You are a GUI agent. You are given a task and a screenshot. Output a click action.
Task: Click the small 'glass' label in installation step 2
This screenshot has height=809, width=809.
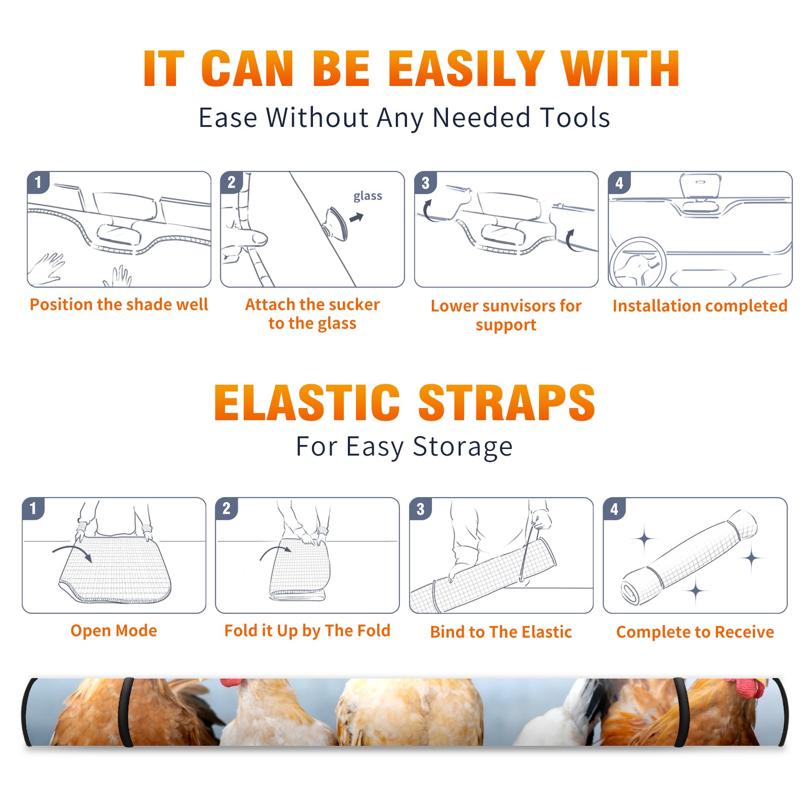[x=368, y=196]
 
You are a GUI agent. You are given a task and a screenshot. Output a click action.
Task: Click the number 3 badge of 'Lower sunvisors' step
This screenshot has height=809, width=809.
[x=425, y=183]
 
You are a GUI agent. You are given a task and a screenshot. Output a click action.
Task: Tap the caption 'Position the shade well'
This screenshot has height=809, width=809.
[x=119, y=304]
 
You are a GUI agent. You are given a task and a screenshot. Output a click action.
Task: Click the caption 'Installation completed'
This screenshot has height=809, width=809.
[x=700, y=305]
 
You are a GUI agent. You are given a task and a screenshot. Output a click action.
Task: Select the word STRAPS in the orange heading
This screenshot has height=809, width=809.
[x=507, y=402]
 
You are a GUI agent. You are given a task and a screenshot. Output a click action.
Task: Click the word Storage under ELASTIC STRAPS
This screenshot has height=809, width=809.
[x=463, y=447]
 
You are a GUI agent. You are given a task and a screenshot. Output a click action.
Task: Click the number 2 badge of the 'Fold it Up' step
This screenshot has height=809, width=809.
[x=227, y=508]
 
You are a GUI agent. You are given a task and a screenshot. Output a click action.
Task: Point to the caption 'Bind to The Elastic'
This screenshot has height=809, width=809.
[x=501, y=632]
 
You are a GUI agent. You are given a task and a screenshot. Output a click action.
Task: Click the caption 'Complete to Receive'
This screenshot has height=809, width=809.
[x=695, y=632]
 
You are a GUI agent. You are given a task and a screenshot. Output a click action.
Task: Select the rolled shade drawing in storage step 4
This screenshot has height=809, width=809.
[x=689, y=557]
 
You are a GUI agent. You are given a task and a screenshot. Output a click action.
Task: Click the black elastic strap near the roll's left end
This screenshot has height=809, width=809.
[x=126, y=712]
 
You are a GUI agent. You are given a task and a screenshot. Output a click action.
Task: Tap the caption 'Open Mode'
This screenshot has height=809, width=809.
[x=114, y=631]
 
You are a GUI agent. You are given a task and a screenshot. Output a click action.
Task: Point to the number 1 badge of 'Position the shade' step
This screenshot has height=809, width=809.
[x=38, y=182]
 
